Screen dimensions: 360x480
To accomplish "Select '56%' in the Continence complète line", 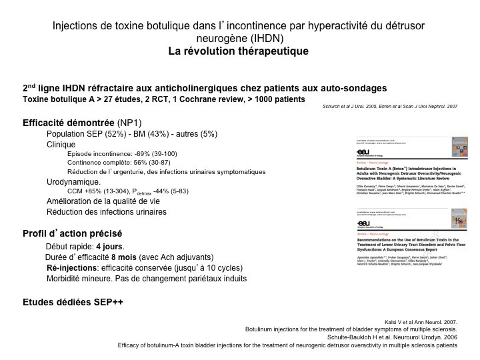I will [x=133, y=162].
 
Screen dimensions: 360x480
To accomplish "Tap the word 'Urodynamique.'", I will [x=73, y=181].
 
